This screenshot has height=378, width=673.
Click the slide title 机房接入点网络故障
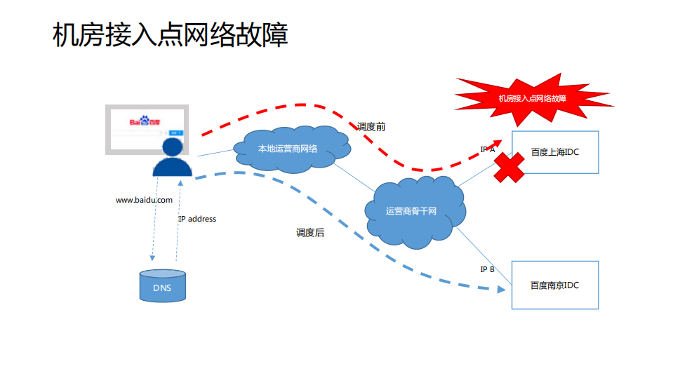tap(171, 34)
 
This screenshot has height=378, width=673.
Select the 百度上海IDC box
tap(554, 152)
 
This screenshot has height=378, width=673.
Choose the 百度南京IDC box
tap(554, 285)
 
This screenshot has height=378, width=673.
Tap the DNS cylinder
tap(162, 287)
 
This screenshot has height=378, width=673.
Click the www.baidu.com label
tap(144, 200)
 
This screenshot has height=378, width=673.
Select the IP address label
tap(197, 219)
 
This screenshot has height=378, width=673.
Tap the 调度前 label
tap(371, 127)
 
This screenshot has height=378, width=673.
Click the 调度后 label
tap(310, 232)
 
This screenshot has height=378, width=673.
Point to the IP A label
tap(487, 149)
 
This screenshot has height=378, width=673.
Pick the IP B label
tap(487, 269)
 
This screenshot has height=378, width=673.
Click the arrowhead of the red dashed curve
tap(498, 141)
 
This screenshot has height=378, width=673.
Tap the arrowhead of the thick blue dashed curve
tap(501, 288)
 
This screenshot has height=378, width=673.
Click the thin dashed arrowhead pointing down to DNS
tap(152, 259)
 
